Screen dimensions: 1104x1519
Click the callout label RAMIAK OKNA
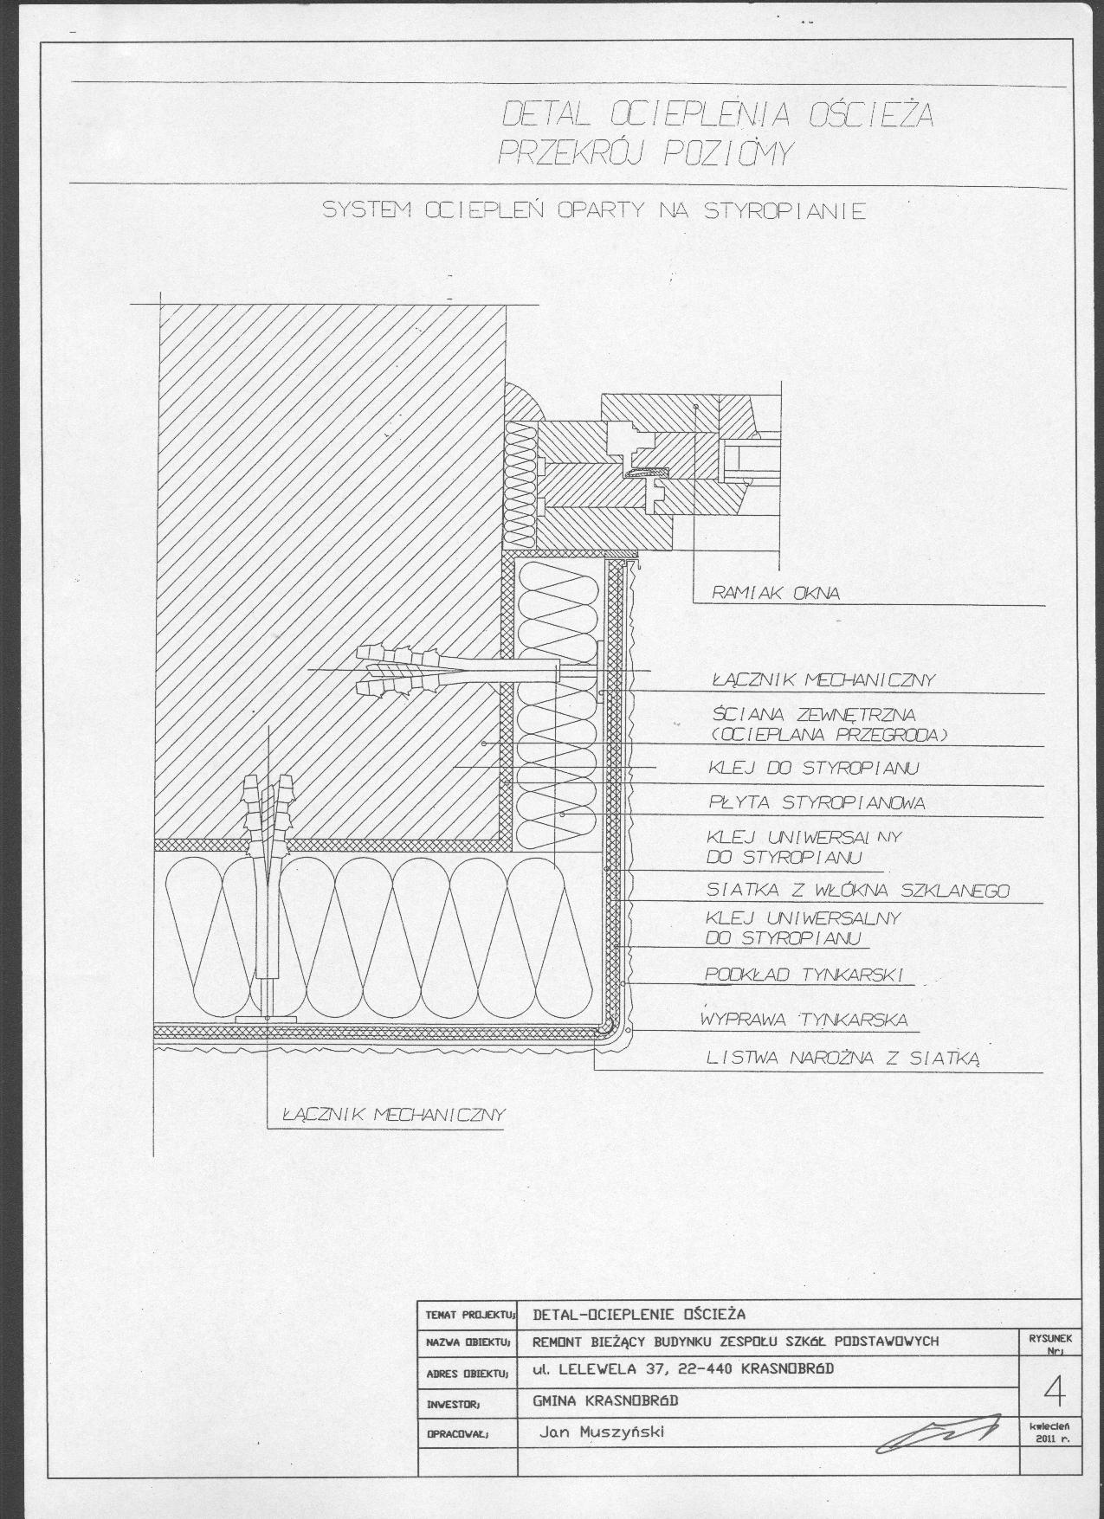[775, 594]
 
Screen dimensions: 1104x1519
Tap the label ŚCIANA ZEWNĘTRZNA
[813, 716]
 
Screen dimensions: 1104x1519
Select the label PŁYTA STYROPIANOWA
[817, 803]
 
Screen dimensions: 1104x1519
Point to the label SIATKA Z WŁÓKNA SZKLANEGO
[858, 890]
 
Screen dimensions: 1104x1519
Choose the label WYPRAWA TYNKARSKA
[804, 1020]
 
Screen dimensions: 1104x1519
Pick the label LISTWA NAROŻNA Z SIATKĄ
[843, 1058]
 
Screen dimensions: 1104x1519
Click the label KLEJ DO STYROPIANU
[813, 768]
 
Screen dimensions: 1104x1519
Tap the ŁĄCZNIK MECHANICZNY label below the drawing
[392, 1114]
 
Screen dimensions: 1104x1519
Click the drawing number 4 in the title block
[1055, 1392]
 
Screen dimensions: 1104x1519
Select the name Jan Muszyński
[601, 1431]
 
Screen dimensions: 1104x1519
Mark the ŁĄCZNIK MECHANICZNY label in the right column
[823, 679]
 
